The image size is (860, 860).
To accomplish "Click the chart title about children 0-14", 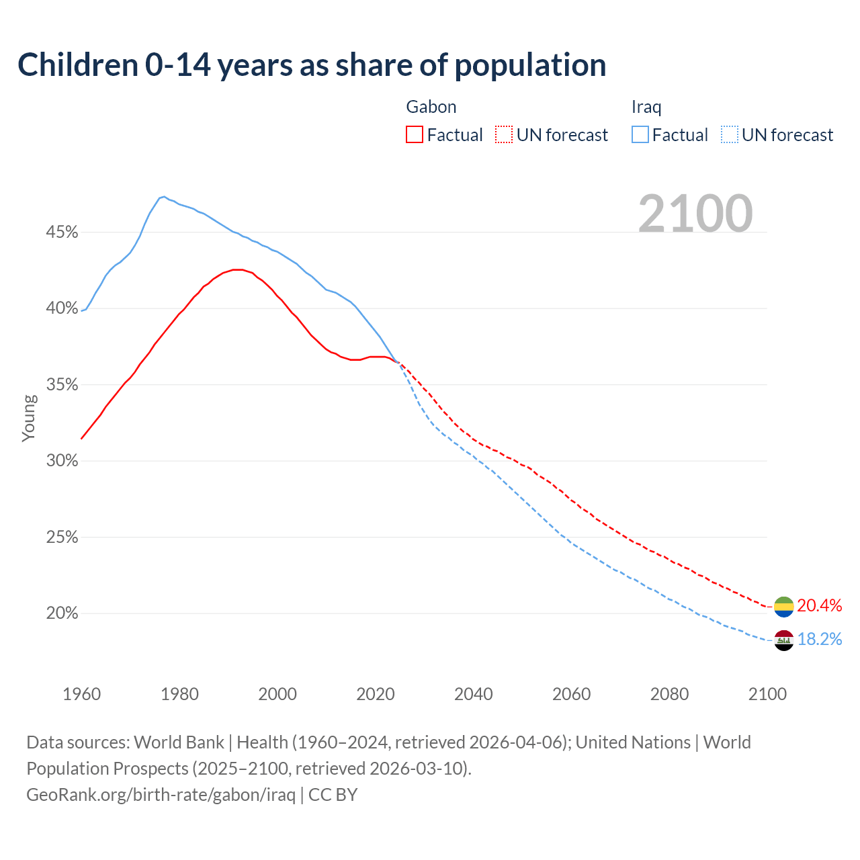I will click(x=312, y=65).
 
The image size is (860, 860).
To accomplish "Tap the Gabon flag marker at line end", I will click(x=783, y=606).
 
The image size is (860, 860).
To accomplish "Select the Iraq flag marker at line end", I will click(x=783, y=640).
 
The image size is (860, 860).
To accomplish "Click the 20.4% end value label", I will click(x=819, y=605).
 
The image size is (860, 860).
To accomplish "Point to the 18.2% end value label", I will click(x=819, y=639).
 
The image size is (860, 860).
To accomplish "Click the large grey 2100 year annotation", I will click(x=695, y=214).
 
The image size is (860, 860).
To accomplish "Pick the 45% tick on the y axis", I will click(x=62, y=232).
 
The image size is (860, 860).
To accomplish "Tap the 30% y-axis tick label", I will click(x=62, y=461).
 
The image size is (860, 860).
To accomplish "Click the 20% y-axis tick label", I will click(x=62, y=613).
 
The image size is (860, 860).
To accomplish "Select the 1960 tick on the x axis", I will click(x=81, y=694).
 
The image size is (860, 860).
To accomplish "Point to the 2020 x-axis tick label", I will click(x=375, y=694).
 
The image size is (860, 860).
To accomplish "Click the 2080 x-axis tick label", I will click(x=669, y=694).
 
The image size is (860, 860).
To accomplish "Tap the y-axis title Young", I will click(x=29, y=418).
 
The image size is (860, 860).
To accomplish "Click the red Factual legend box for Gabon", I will click(x=415, y=135).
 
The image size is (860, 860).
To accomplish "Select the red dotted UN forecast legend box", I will click(x=504, y=135).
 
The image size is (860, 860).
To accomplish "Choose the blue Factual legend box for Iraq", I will click(x=640, y=135).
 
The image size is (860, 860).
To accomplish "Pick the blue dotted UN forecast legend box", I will click(x=729, y=135).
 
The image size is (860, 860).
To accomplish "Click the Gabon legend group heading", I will click(x=431, y=107).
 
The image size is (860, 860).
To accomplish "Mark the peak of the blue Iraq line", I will click(x=163, y=197).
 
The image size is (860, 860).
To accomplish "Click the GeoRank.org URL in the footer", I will click(x=161, y=795).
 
